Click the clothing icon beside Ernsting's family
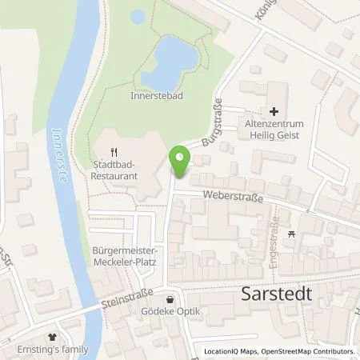[x=54, y=338]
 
